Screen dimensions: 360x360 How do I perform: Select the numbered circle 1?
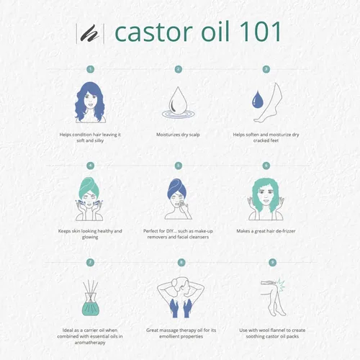90,70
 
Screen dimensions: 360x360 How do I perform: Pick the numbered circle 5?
179,165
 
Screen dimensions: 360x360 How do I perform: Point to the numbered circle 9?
266,263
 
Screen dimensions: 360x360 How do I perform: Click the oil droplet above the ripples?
178,98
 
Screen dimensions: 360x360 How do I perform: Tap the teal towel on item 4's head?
89,184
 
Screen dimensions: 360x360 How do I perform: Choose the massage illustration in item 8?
179,295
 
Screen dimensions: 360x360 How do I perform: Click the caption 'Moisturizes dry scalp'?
179,134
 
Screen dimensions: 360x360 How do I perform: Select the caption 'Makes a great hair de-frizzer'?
267,231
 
